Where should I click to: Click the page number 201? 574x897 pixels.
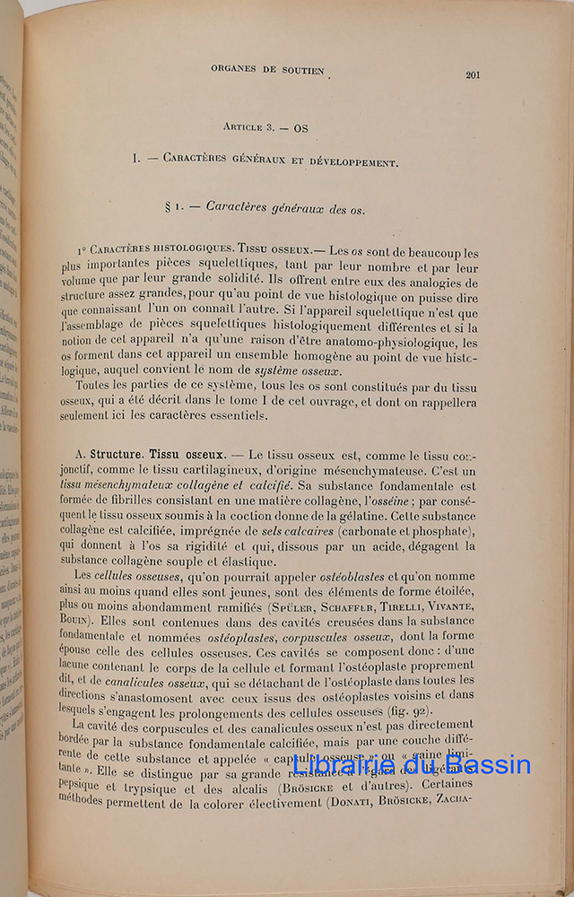pos(473,74)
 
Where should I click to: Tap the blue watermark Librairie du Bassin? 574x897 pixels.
pos(412,766)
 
